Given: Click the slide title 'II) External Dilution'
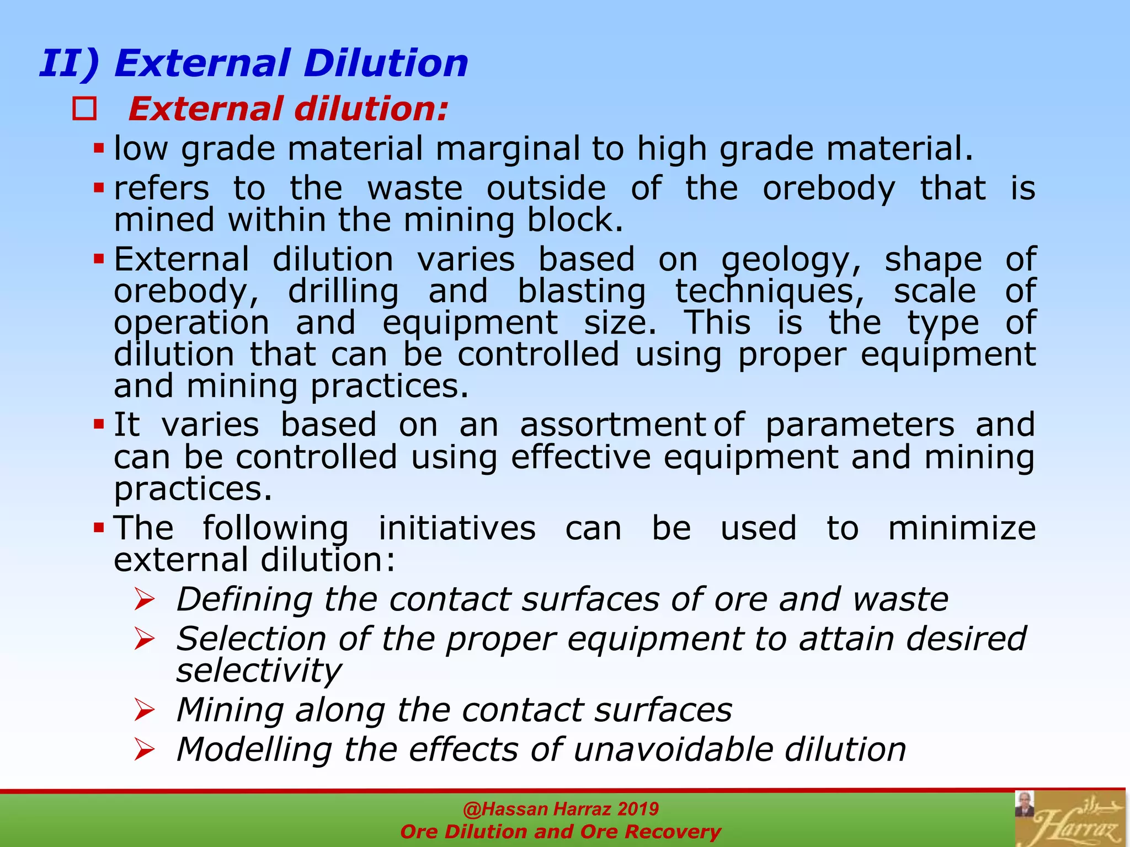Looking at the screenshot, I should click(x=254, y=63).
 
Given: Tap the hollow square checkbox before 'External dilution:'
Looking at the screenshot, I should click(x=84, y=109).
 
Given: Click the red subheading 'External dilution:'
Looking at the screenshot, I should click(x=288, y=109).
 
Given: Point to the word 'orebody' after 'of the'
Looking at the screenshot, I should click(x=829, y=189).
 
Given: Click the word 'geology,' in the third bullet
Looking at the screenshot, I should click(x=791, y=260).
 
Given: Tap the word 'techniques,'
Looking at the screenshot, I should click(x=770, y=292).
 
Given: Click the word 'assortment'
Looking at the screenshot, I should click(x=612, y=425).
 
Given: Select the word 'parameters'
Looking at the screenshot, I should click(x=860, y=426).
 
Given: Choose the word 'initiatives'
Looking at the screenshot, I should click(x=457, y=528).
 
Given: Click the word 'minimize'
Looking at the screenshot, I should click(x=962, y=528).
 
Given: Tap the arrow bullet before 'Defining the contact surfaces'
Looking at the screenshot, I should click(x=145, y=599).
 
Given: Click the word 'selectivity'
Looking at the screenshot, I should click(x=258, y=671).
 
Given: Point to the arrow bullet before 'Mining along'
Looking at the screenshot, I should click(x=145, y=710).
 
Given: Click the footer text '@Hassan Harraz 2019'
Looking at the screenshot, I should click(x=561, y=809).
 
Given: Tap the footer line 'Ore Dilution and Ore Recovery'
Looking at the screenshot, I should click(x=561, y=832).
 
